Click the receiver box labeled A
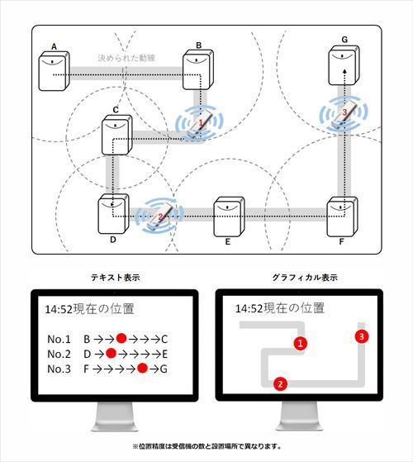54,72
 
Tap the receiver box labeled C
116,136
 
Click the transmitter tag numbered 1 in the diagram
199,124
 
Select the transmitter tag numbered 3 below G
344,115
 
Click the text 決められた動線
126,60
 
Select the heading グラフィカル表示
303,278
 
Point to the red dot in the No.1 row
121,338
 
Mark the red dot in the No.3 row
143,368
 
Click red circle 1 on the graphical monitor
301,342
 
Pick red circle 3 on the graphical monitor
361,336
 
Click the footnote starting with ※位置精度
206,446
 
